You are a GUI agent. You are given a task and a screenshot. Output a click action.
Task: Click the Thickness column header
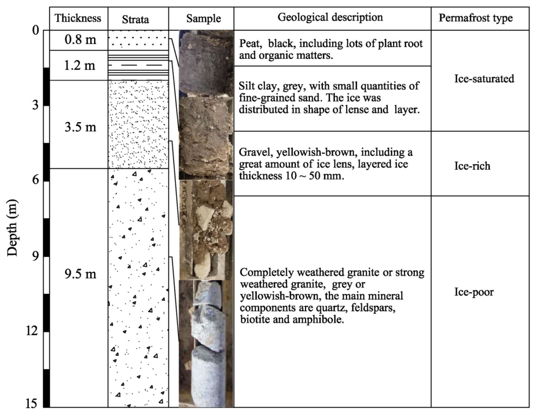[x=78, y=18]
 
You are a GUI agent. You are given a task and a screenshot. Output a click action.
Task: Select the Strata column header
[x=138, y=18]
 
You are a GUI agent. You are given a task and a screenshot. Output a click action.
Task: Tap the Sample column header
[x=203, y=18]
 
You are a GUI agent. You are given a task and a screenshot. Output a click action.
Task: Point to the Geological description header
[x=330, y=17]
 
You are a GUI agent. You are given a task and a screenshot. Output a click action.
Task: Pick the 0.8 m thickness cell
[x=78, y=41]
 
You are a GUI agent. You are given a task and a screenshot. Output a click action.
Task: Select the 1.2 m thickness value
[x=78, y=66]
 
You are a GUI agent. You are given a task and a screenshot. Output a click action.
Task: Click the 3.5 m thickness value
[x=78, y=128]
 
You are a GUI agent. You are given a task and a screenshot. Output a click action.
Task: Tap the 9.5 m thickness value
[x=78, y=275]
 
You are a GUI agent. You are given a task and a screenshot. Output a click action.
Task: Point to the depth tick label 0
[x=36, y=30]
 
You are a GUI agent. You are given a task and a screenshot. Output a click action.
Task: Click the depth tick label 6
[x=36, y=180]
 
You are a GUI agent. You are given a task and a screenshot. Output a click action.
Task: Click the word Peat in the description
[x=250, y=43]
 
